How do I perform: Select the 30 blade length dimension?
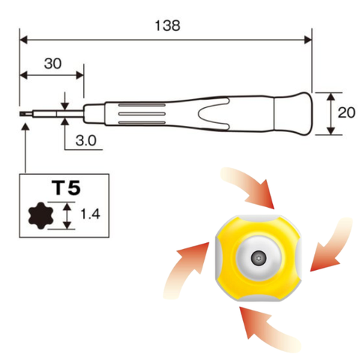(52, 64)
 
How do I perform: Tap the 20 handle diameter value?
(346, 113)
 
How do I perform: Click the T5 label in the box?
(65, 186)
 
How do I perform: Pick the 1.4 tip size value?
(90, 215)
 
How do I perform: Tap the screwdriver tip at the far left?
(25, 115)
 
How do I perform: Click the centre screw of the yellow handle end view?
(259, 257)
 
